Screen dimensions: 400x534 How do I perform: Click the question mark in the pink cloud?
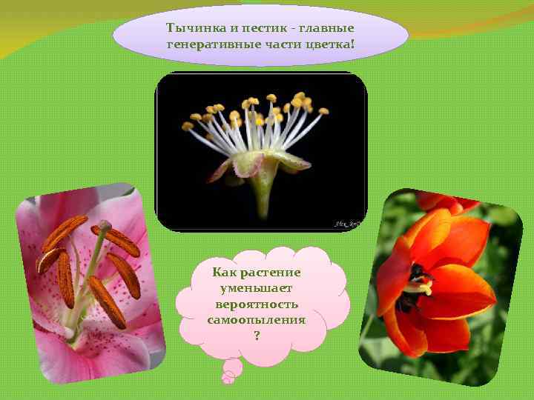coord(257,336)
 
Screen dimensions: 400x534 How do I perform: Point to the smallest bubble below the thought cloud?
coord(228,379)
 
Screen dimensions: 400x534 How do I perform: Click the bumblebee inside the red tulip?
coord(418,284)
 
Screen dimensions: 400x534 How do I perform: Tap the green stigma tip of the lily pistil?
coord(105,224)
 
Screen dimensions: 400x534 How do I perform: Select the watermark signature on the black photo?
coord(346,221)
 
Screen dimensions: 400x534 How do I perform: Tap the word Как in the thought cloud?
coord(224,272)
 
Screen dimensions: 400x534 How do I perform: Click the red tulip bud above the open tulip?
coord(445,201)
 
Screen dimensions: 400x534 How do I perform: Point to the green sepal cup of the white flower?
coord(261,167)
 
